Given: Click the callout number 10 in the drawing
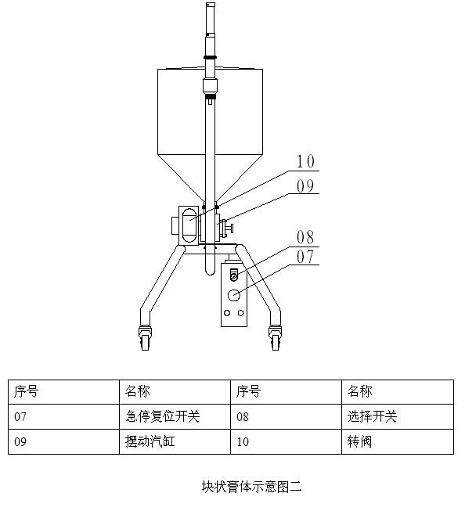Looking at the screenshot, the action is click(305, 161).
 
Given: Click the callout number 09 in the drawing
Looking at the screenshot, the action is click(305, 186).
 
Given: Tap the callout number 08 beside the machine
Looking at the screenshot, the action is click(305, 237).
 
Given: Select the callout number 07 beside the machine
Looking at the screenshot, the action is click(305, 257).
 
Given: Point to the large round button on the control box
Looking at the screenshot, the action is click(234, 295).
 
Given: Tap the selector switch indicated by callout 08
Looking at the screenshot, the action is click(234, 275).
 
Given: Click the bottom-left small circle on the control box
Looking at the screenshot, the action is click(227, 313).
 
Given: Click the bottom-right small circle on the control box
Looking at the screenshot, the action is click(240, 313).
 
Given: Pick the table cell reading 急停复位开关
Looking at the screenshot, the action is click(175, 416).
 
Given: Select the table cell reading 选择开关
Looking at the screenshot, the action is click(398, 416).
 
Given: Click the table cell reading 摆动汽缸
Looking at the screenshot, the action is click(175, 441).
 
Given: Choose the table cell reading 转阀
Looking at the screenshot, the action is click(398, 441).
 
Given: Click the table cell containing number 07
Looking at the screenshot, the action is click(63, 416).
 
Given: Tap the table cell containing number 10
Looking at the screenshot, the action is click(287, 441).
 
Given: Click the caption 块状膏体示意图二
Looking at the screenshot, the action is click(252, 487).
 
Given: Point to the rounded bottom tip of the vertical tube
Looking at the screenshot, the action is click(210, 275).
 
